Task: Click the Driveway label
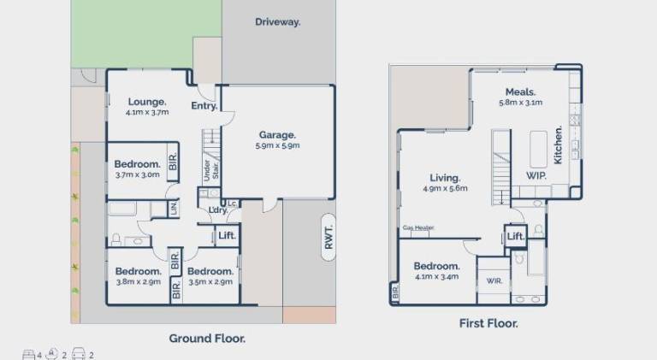coord(278,21)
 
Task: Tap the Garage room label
coord(277,135)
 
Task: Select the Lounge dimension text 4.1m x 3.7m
coord(147,112)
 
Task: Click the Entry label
coord(204,106)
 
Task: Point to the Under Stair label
coord(211,170)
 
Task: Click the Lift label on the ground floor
coord(227,236)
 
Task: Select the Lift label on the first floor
coord(516,237)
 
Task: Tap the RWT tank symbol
coord(328,238)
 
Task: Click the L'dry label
coord(218,210)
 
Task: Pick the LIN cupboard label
coord(175,209)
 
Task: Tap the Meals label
coord(520,92)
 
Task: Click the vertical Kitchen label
coord(558,145)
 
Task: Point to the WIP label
coord(536,176)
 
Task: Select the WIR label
coord(494,280)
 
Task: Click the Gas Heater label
coord(418,227)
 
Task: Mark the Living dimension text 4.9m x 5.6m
coord(445,188)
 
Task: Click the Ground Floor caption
coord(207,339)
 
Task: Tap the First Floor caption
coord(488,323)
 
